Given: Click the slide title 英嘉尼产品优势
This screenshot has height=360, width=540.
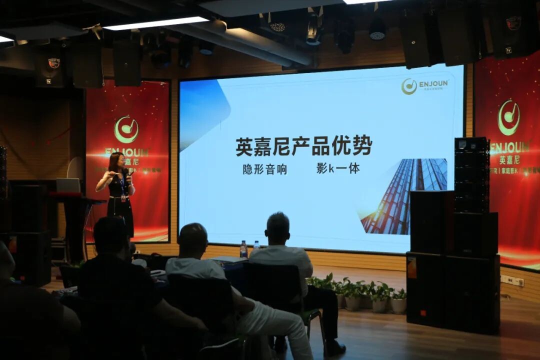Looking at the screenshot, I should [x=304, y=146].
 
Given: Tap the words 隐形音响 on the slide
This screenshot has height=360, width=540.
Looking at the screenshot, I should [x=265, y=169].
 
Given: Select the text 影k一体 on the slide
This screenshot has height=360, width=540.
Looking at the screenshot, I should [x=338, y=168].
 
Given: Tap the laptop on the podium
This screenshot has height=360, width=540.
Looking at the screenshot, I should [x=68, y=185].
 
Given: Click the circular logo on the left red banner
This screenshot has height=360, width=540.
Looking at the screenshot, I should [x=126, y=129].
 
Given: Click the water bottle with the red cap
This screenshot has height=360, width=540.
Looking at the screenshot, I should [x=243, y=249].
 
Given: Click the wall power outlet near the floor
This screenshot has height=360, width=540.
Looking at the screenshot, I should [x=512, y=281].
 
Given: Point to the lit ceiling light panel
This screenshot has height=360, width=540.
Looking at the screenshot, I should [x=155, y=23].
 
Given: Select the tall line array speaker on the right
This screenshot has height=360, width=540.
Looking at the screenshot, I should [x=471, y=174].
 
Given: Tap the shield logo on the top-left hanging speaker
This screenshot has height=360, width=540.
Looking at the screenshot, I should [x=53, y=63].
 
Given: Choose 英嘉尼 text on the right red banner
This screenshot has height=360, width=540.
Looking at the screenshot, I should [x=509, y=160].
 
